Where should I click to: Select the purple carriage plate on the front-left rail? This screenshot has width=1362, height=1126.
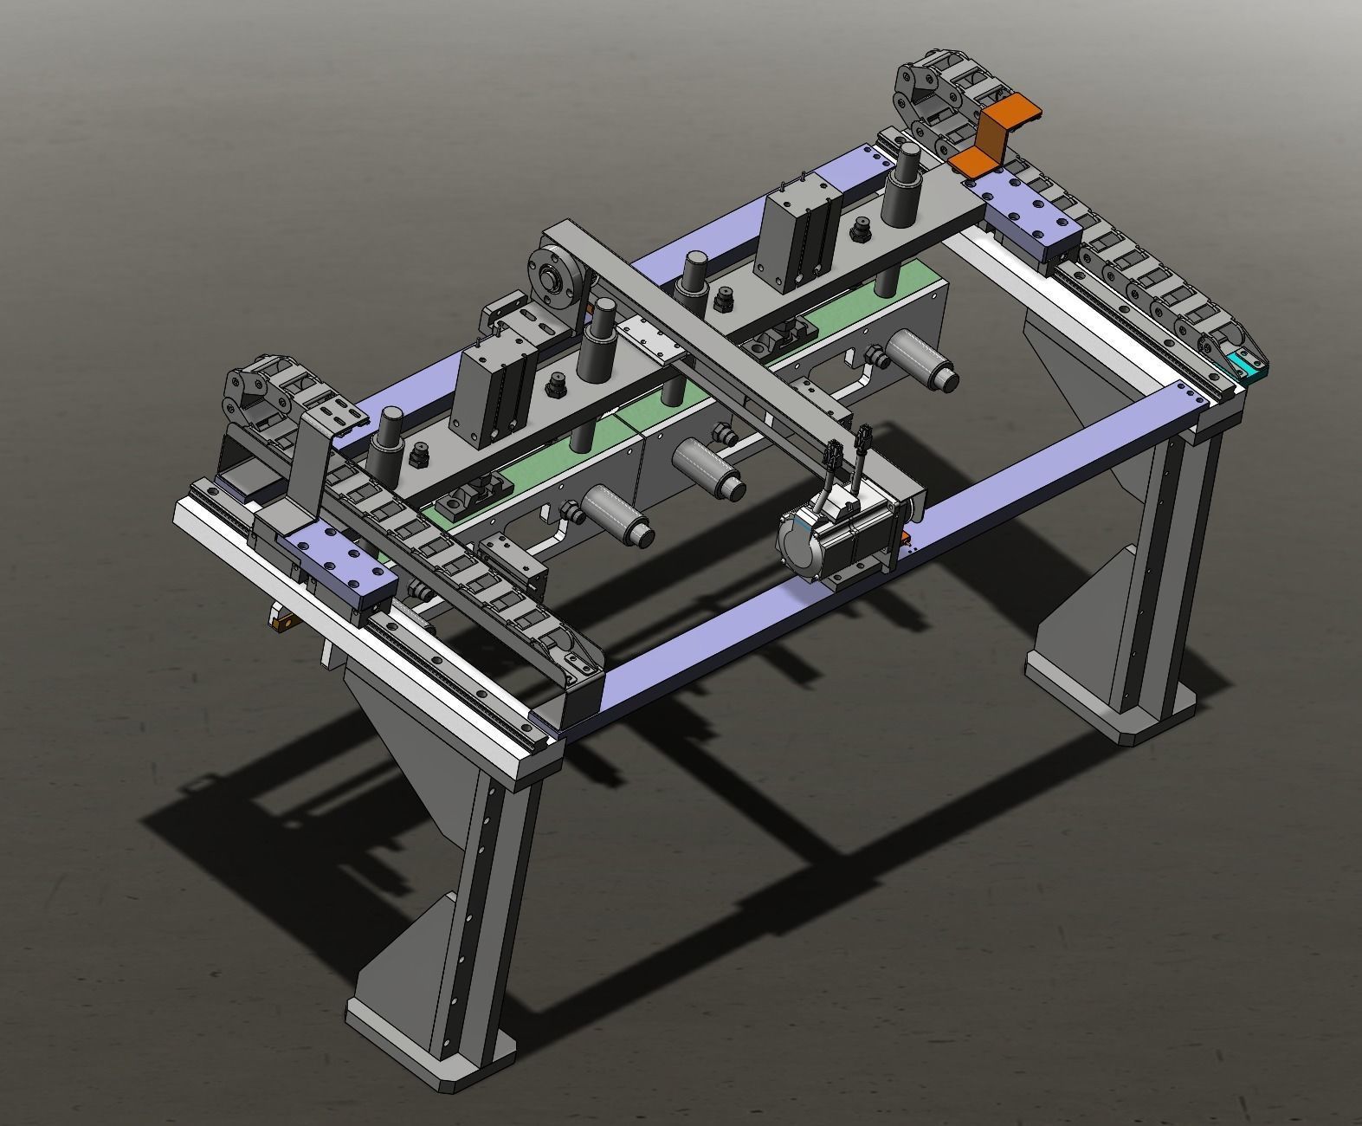click(333, 563)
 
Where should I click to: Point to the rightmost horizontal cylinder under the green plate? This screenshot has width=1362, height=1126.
click(918, 359)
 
